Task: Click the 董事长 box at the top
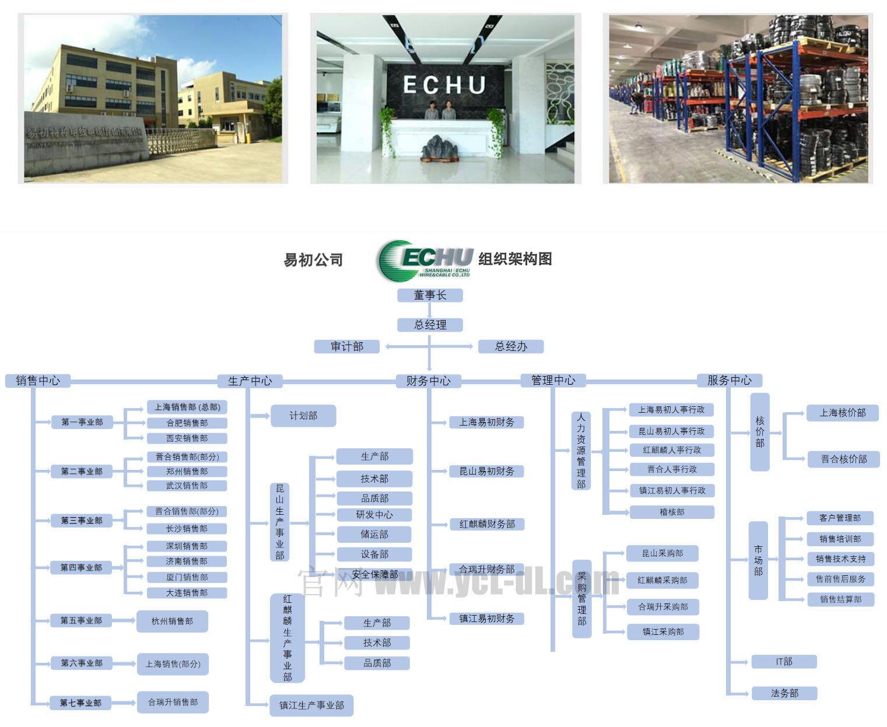point(430,296)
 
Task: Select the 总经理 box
point(430,325)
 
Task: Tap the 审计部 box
point(347,347)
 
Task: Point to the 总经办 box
point(511,347)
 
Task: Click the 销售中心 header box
point(38,381)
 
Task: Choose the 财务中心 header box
point(429,381)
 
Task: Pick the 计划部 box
point(303,416)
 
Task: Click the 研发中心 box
point(374,515)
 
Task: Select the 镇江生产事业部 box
point(311,705)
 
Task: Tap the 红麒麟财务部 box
point(487,524)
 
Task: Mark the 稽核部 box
point(672,512)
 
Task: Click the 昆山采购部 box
point(662,553)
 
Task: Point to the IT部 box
point(784,662)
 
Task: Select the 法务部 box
point(784,693)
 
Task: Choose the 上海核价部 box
point(843,413)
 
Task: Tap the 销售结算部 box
point(840,599)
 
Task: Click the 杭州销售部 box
point(172,621)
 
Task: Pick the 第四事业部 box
point(82,567)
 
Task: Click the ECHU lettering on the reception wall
point(444,85)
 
